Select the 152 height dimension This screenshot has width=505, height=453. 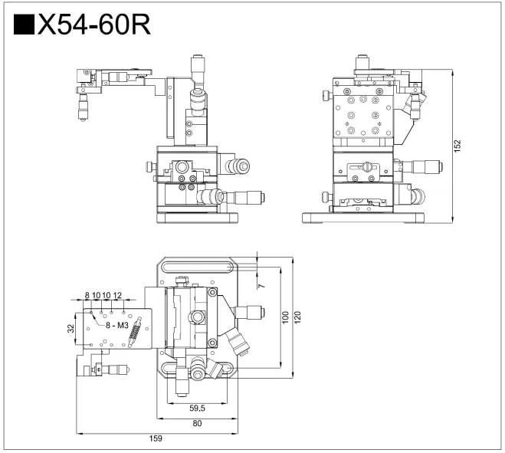[457, 146]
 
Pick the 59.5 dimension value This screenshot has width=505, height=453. [198, 408]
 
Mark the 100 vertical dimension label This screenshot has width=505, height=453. [284, 317]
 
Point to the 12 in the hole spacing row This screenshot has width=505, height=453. [117, 295]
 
